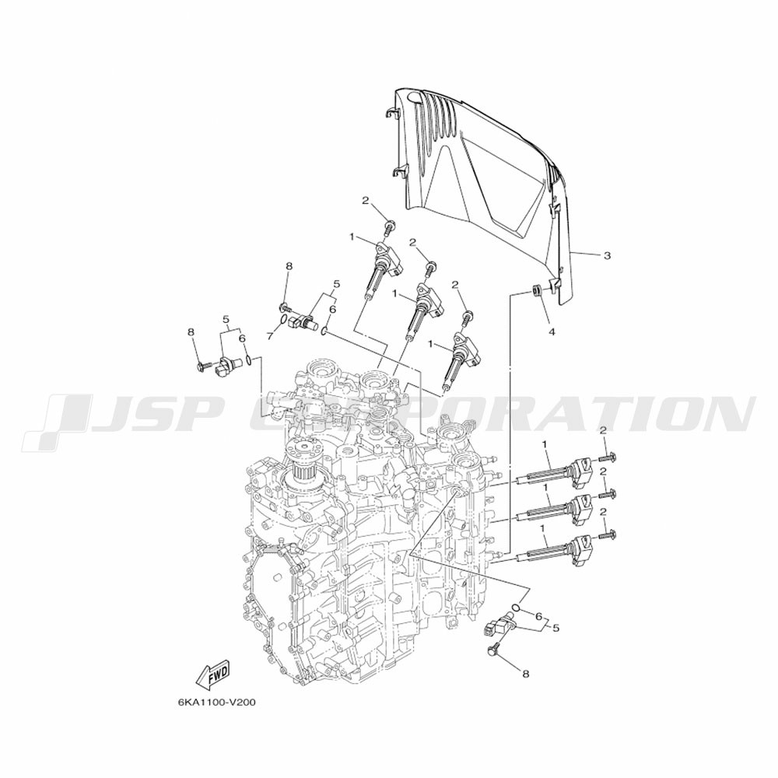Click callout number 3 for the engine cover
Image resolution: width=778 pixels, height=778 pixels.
pyautogui.click(x=607, y=256)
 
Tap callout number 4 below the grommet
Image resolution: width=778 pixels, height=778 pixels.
pyautogui.click(x=552, y=332)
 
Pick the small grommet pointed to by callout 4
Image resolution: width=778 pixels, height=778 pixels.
pyautogui.click(x=536, y=289)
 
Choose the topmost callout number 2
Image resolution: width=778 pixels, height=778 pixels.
pyautogui.click(x=365, y=201)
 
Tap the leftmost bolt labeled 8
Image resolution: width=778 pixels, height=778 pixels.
pyautogui.click(x=205, y=366)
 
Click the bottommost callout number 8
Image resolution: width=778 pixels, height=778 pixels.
pyautogui.click(x=526, y=673)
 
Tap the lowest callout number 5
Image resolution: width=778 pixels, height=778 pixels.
pyautogui.click(x=555, y=628)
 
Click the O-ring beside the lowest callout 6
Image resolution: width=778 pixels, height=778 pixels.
pyautogui.click(x=517, y=608)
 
